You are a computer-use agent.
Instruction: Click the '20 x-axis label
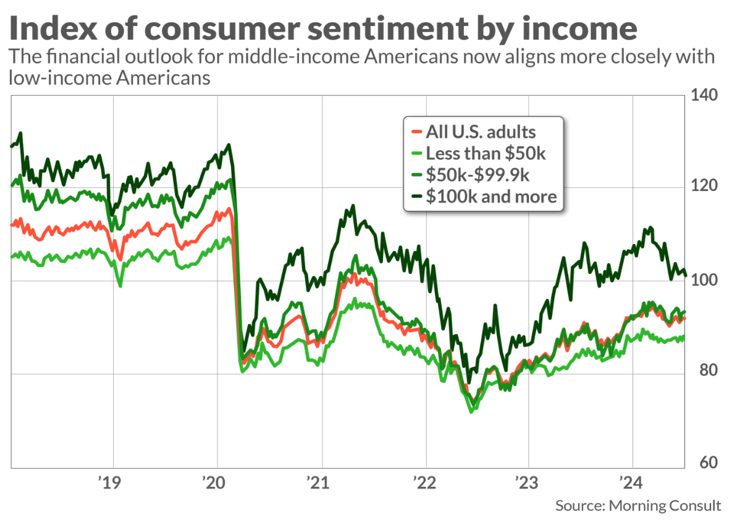[x=217, y=481]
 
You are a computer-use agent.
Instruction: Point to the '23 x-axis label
[x=529, y=481]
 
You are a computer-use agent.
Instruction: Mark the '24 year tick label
[x=633, y=481]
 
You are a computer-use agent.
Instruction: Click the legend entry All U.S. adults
[x=481, y=132]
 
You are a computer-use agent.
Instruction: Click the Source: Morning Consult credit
[x=638, y=506]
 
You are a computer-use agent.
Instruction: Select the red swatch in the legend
[x=416, y=132]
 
